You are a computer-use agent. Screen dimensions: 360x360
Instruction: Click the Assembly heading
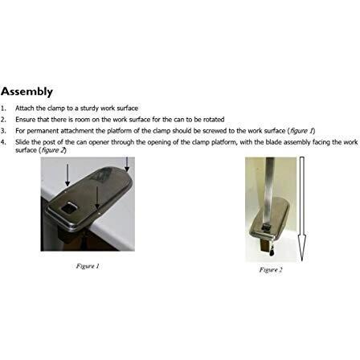[x=27, y=91]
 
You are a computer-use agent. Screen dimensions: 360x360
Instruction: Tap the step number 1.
[x=3, y=108]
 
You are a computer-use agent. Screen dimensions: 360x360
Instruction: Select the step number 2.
[x=3, y=119]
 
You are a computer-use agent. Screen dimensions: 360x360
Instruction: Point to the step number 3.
[x=3, y=130]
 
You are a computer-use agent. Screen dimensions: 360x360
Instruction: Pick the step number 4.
[x=3, y=141]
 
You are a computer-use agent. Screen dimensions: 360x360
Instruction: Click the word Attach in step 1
[x=22, y=108]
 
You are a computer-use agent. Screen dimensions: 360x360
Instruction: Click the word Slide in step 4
[x=21, y=141]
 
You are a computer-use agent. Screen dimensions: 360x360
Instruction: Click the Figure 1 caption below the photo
[x=88, y=265]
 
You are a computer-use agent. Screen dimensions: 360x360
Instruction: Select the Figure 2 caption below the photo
[x=271, y=270]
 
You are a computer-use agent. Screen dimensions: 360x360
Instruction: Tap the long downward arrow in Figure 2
[x=301, y=209]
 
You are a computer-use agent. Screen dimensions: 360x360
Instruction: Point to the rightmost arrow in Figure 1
[x=127, y=164]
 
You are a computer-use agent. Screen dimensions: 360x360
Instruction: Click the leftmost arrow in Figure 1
[x=67, y=173]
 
